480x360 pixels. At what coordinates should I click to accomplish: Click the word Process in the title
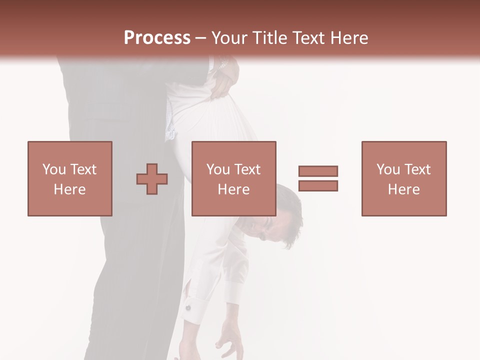coord(157,38)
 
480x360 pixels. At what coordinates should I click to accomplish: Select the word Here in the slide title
coord(347,38)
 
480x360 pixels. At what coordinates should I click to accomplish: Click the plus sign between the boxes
coord(152,179)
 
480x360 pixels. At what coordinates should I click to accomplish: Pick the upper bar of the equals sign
coord(318,171)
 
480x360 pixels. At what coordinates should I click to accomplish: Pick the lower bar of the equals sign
coord(318,185)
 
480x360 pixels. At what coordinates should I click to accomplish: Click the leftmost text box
coord(69,178)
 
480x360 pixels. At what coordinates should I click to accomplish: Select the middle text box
coord(233,178)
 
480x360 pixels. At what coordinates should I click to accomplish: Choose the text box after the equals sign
coord(403,178)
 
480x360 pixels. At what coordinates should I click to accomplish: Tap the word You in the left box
coord(53,169)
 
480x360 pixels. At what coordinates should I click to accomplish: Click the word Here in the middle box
coord(233,189)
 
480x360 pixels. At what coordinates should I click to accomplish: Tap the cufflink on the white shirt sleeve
coord(188,307)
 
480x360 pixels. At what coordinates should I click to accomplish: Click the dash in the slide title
coord(201,38)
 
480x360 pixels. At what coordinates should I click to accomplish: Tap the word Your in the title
coord(230,38)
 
